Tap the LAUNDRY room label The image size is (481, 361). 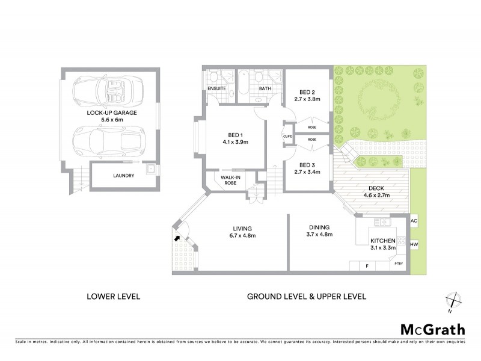[123, 176]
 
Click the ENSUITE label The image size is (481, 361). [216, 89]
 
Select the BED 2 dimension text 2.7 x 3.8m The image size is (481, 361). [308, 99]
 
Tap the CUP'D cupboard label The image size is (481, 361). [287, 137]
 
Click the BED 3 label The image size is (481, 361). [307, 164]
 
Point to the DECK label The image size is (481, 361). [376, 188]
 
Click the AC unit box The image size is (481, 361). [414, 221]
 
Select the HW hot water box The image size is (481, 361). [414, 245]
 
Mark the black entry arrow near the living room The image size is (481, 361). [177, 238]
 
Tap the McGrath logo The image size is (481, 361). [432, 329]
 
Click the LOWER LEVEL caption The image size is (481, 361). [114, 297]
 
